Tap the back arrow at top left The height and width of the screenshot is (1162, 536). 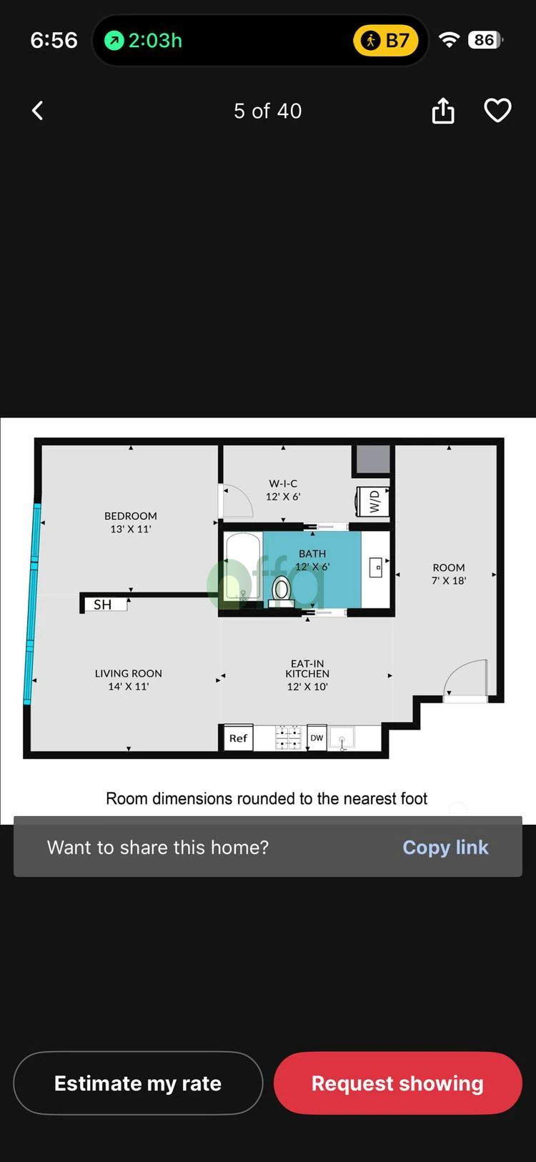point(38,111)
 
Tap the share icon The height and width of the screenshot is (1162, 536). point(443,111)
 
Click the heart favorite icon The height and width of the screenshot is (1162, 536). point(497,111)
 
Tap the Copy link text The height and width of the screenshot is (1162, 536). point(445,848)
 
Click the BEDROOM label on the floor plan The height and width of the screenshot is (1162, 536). point(131,516)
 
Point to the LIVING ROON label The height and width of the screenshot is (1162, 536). point(129,673)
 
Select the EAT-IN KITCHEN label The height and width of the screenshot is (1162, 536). point(307,669)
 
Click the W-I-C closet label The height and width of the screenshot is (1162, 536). point(283,484)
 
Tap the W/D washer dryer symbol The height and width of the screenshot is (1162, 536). point(373,501)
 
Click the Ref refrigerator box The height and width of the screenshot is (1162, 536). point(238,738)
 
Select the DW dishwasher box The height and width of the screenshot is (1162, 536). point(317,738)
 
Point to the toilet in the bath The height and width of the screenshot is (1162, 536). point(282,590)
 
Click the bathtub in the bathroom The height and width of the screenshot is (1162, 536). point(243,568)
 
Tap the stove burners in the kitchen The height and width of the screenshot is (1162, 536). point(288,738)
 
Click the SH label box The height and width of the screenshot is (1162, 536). point(103,605)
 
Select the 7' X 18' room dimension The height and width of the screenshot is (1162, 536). point(449,580)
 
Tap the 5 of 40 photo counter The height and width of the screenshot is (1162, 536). point(268,111)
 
